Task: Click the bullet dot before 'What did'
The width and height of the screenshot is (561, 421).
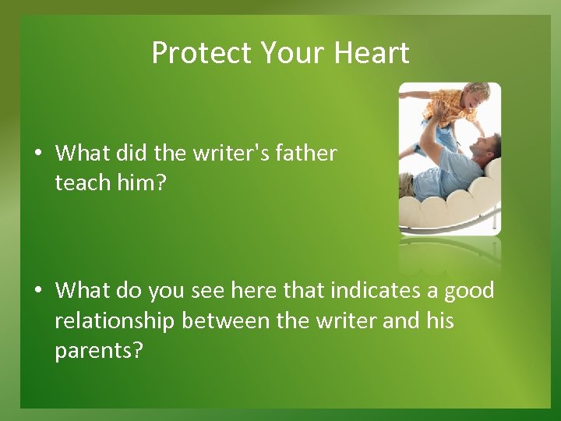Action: pyautogui.click(x=37, y=154)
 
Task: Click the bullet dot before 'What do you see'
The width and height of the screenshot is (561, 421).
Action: pyautogui.click(x=37, y=291)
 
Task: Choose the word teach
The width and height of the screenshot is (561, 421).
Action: pyautogui.click(x=84, y=183)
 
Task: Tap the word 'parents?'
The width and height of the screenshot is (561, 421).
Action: pyautogui.click(x=99, y=350)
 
